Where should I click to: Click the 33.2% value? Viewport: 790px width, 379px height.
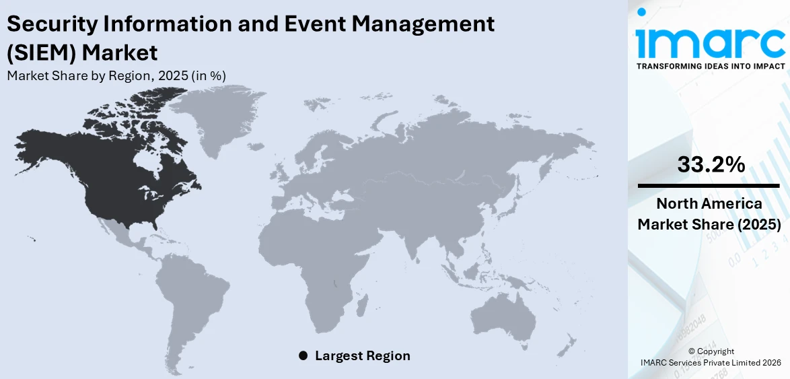tap(711, 164)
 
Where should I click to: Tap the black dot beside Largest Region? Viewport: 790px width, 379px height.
tap(303, 355)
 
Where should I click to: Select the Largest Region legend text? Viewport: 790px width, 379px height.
tap(362, 355)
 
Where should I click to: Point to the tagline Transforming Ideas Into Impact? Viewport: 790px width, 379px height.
tap(711, 66)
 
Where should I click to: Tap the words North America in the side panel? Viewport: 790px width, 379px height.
tap(710, 204)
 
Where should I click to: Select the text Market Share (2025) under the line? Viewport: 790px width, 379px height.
tap(710, 224)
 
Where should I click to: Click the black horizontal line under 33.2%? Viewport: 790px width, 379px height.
tap(710, 185)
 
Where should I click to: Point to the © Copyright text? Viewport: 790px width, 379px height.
tap(711, 351)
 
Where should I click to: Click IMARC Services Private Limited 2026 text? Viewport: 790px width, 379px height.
tap(711, 362)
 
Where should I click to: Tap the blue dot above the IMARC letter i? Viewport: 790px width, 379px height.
tap(641, 12)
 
